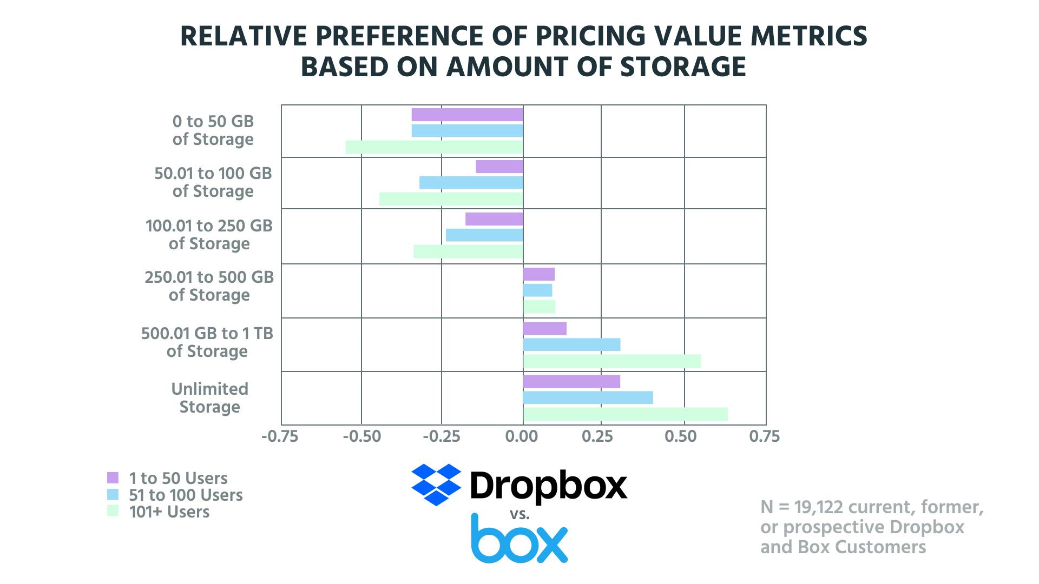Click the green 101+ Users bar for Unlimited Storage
tap(625, 414)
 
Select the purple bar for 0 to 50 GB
tap(467, 115)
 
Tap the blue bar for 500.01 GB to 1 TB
tap(571, 344)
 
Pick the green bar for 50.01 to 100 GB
tap(451, 199)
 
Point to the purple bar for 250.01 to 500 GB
tap(538, 274)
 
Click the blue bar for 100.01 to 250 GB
tap(484, 235)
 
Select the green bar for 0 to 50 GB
tap(434, 147)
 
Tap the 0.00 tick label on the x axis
tap(523, 436)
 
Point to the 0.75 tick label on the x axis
tap(765, 436)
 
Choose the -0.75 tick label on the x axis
tap(280, 436)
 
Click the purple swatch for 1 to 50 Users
tap(113, 477)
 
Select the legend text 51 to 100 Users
tap(186, 495)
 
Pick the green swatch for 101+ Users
tap(113, 511)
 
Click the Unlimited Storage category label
tap(210, 397)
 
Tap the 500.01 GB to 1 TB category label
tap(207, 342)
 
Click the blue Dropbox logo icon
tap(436, 485)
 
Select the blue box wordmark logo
tap(519, 539)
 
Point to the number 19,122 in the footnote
tap(823, 507)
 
